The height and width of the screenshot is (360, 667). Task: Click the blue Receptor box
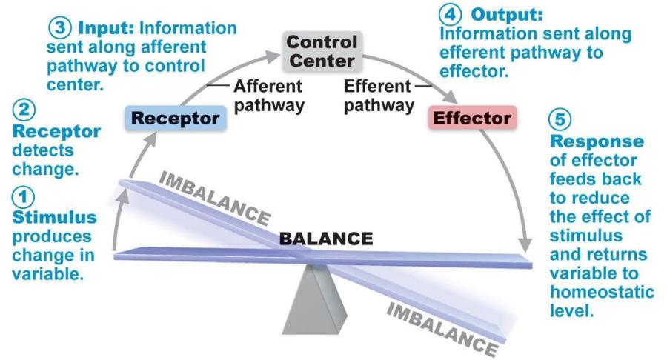(x=175, y=119)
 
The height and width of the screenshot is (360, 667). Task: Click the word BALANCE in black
(x=325, y=239)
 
